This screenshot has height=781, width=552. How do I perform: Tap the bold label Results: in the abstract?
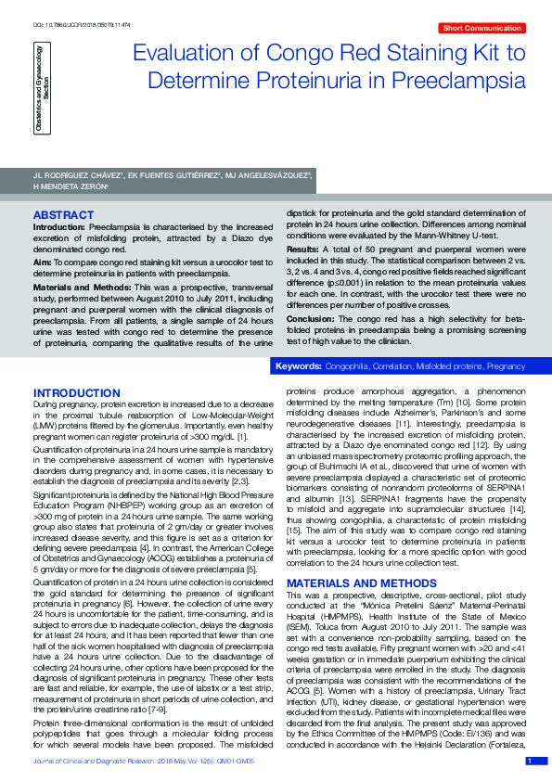click(303, 250)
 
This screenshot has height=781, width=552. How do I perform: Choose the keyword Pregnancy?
click(506, 367)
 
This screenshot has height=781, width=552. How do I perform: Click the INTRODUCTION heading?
click(76, 393)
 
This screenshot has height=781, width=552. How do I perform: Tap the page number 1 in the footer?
click(530, 761)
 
